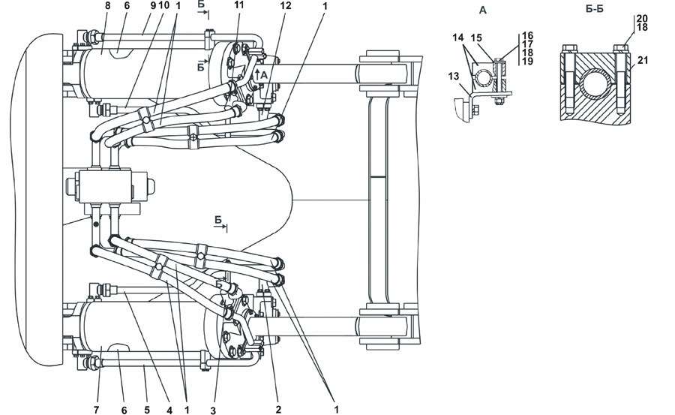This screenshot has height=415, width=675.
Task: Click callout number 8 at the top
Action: click(107, 5)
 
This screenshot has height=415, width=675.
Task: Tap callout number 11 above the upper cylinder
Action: click(239, 5)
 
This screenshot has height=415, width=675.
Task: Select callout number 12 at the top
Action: click(286, 5)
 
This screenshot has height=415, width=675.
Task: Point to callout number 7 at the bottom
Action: click(96, 410)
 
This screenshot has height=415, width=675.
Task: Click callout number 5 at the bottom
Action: click(147, 410)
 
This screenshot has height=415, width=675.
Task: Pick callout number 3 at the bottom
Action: click(214, 410)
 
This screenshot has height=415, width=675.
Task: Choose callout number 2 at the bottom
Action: click(278, 410)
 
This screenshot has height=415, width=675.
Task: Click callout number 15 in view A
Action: click(475, 38)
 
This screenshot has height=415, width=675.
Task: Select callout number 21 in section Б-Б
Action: click(642, 60)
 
